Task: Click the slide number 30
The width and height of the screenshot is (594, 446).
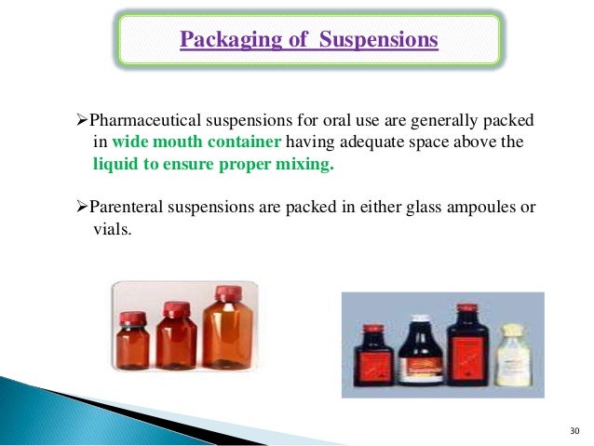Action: [x=573, y=430]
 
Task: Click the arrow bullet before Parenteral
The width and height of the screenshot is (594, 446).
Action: [x=77, y=206]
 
